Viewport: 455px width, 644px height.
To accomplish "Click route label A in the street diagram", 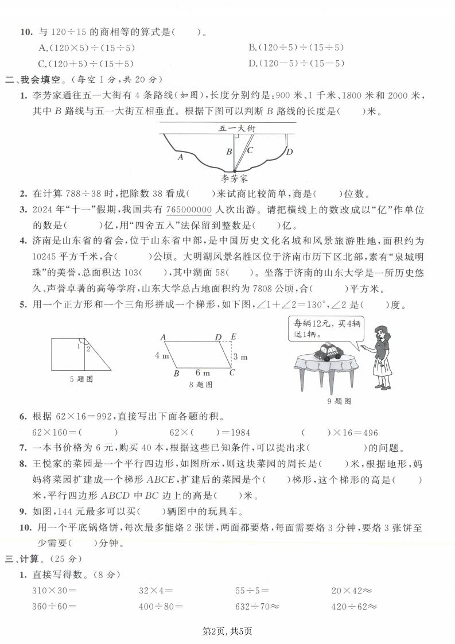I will pyautogui.click(x=181, y=156).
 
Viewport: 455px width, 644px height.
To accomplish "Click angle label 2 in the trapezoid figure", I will pyautogui.click(x=88, y=348).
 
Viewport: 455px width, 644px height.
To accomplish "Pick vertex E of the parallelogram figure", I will pyautogui.click(x=232, y=337).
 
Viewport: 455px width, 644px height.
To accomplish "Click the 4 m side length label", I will pyautogui.click(x=161, y=355).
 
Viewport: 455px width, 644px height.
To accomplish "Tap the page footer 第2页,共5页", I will pyautogui.click(x=228, y=631).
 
